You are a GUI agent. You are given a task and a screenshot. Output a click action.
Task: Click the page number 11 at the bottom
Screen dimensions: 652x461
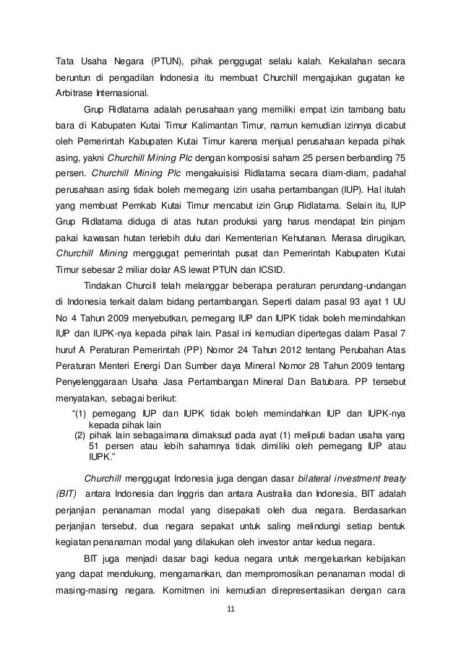coord(231,612)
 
